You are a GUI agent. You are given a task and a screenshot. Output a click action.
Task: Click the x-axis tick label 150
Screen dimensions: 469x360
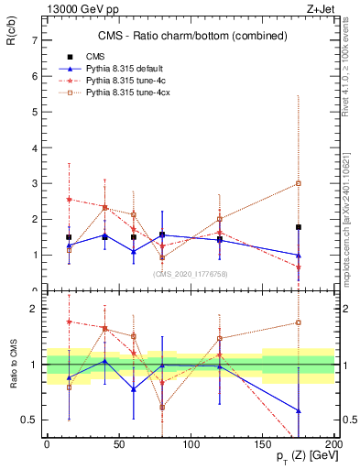pos(263,444)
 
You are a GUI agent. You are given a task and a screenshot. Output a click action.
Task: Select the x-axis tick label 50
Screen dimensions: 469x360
pos(119,444)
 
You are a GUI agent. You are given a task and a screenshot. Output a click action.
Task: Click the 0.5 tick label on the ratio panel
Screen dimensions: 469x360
pos(29,420)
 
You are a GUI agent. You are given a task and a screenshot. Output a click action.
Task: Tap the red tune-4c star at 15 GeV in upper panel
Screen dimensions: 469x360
pos(69,199)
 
